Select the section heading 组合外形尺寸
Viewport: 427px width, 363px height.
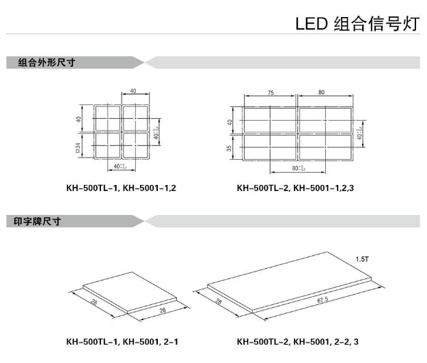(46, 63)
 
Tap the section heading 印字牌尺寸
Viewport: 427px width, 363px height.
(42, 221)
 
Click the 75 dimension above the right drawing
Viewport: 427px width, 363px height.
(271, 92)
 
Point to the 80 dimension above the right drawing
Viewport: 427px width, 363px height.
(322, 92)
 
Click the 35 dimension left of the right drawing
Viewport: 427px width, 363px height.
(230, 148)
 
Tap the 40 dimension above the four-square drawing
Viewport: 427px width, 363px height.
(133, 91)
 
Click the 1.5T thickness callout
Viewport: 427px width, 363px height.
(362, 259)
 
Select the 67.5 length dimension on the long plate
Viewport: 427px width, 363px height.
(322, 300)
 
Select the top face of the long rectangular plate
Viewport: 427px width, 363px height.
(287, 283)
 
